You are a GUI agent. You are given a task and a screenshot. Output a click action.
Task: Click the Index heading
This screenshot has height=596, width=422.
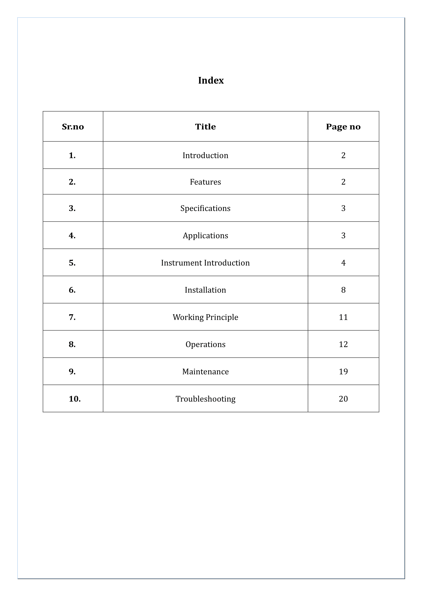coord(211,81)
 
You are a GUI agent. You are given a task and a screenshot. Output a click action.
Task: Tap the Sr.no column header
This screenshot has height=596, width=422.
coord(73,127)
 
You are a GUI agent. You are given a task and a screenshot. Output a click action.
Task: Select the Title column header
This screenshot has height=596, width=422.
coord(205,127)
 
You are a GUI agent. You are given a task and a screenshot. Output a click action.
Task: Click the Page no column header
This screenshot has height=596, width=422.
coord(343,127)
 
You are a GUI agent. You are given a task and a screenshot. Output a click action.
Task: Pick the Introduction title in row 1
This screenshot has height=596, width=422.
coord(205,155)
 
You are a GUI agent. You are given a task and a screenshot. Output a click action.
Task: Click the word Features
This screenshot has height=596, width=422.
coord(205,182)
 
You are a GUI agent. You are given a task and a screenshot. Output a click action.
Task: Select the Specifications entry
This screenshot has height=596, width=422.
coord(205,208)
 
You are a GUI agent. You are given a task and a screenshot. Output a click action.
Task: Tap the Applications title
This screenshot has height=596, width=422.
coord(205,236)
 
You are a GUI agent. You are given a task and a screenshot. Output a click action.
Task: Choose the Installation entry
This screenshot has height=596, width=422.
coord(205,290)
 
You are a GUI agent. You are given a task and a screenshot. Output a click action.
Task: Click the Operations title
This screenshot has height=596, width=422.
coord(205,345)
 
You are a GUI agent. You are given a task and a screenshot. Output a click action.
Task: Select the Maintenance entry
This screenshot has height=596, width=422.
coord(205,372)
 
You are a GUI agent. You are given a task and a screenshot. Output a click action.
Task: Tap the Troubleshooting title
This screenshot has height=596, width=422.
coord(205,399)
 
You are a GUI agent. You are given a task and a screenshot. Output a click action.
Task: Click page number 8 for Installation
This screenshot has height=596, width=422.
coord(343,290)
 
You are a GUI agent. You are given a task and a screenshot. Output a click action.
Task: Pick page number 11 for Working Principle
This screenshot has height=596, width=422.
coord(343,317)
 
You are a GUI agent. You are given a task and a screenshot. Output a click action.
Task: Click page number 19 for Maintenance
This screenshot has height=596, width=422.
coord(343,372)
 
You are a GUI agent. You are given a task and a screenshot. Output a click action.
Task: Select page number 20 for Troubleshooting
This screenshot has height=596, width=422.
coord(343,399)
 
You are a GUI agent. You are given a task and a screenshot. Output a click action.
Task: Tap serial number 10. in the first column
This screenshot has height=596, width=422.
coord(75,399)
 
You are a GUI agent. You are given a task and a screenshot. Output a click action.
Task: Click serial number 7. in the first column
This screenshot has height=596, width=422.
coord(72,317)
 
